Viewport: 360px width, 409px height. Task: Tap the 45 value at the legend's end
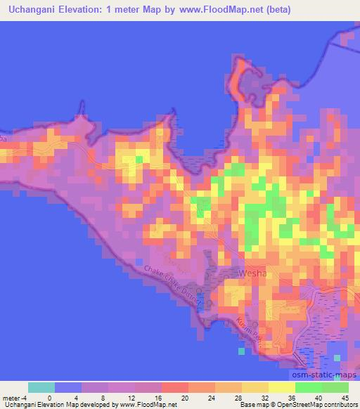[345, 397]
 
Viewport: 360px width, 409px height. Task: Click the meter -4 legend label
[14, 397]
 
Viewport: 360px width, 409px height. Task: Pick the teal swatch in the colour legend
[41, 387]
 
